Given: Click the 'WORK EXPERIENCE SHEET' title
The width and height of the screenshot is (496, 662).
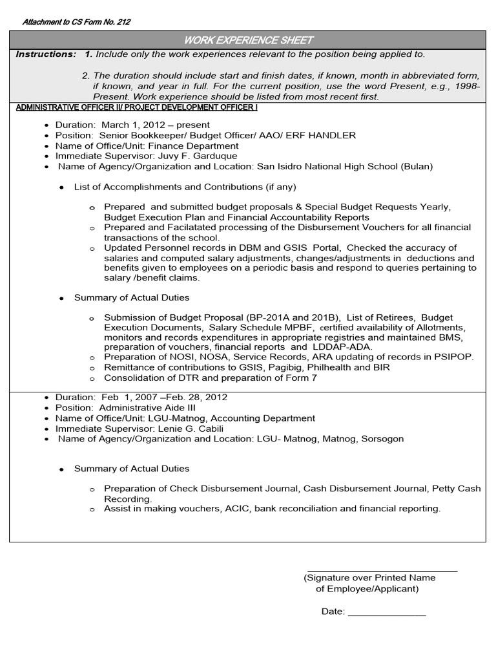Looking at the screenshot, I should (248, 40).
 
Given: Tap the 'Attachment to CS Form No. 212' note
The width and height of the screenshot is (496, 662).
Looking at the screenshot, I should (76, 22).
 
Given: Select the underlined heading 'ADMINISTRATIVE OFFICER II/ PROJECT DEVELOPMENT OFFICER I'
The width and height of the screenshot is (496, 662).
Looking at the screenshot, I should (136, 107).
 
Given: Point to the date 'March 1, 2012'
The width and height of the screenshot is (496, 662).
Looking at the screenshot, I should (129, 125).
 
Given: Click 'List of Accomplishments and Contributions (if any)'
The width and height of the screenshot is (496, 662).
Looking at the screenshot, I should (185, 187).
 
